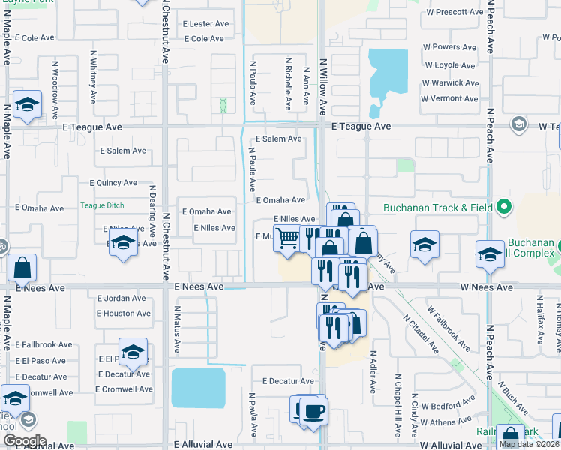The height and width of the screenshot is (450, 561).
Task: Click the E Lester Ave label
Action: click(205, 24)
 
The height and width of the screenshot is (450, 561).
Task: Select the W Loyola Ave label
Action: click(449, 65)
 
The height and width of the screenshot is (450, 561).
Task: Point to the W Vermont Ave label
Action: click(450, 98)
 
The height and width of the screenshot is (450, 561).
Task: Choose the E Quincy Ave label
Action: click(112, 182)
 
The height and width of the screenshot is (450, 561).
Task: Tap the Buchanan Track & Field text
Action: click(438, 208)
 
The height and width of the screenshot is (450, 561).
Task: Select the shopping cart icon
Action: click(287, 238)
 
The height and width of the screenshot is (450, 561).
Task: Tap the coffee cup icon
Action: click(313, 410)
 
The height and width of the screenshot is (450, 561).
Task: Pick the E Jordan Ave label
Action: click(121, 298)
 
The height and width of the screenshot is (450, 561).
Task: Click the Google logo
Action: click(25, 441)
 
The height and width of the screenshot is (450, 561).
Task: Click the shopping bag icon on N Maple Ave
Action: click(22, 268)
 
